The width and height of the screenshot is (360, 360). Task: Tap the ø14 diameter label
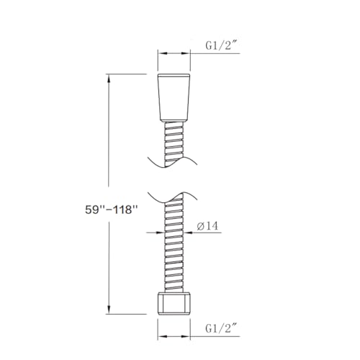(207, 226)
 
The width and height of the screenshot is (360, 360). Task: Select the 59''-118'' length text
(111, 210)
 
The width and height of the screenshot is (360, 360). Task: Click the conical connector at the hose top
(174, 97)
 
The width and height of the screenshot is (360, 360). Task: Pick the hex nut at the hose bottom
(174, 303)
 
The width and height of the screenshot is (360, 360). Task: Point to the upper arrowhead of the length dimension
(109, 78)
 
